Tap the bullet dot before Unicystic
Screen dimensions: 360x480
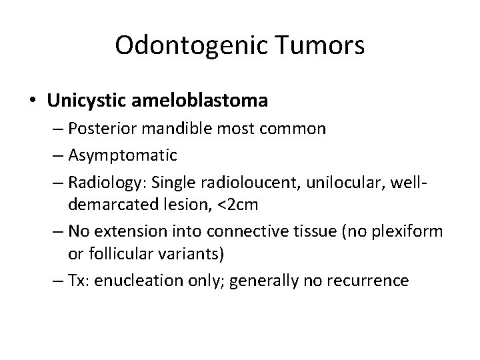point(33,101)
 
